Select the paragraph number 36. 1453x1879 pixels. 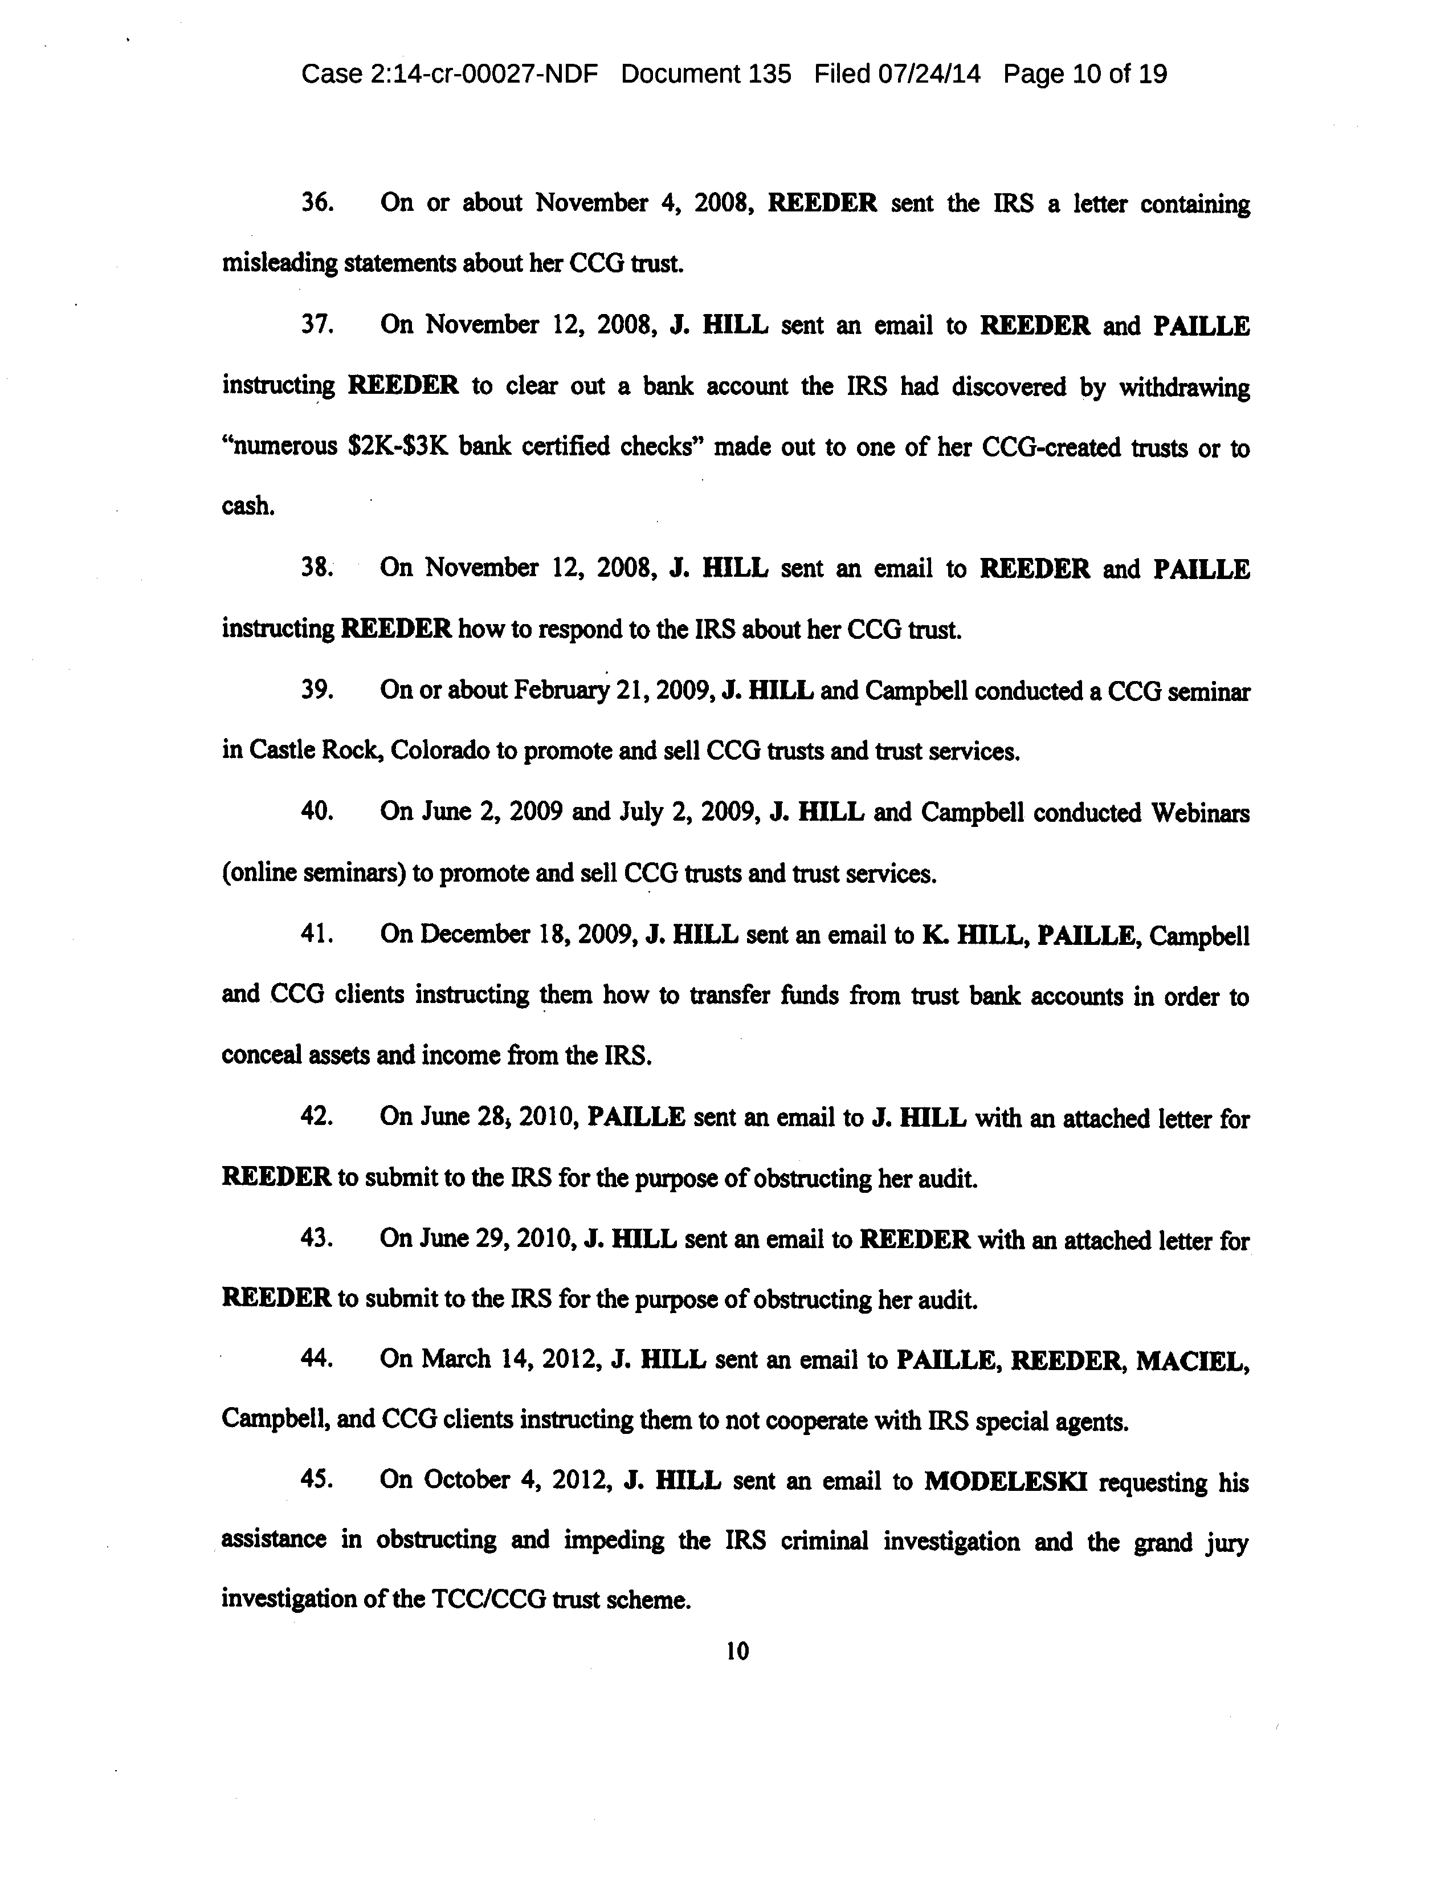click(317, 203)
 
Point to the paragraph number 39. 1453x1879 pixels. click(317, 691)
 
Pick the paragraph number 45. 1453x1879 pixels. click(317, 1480)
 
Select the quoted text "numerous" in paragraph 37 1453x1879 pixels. click(280, 447)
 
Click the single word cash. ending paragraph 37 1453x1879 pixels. click(248, 507)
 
